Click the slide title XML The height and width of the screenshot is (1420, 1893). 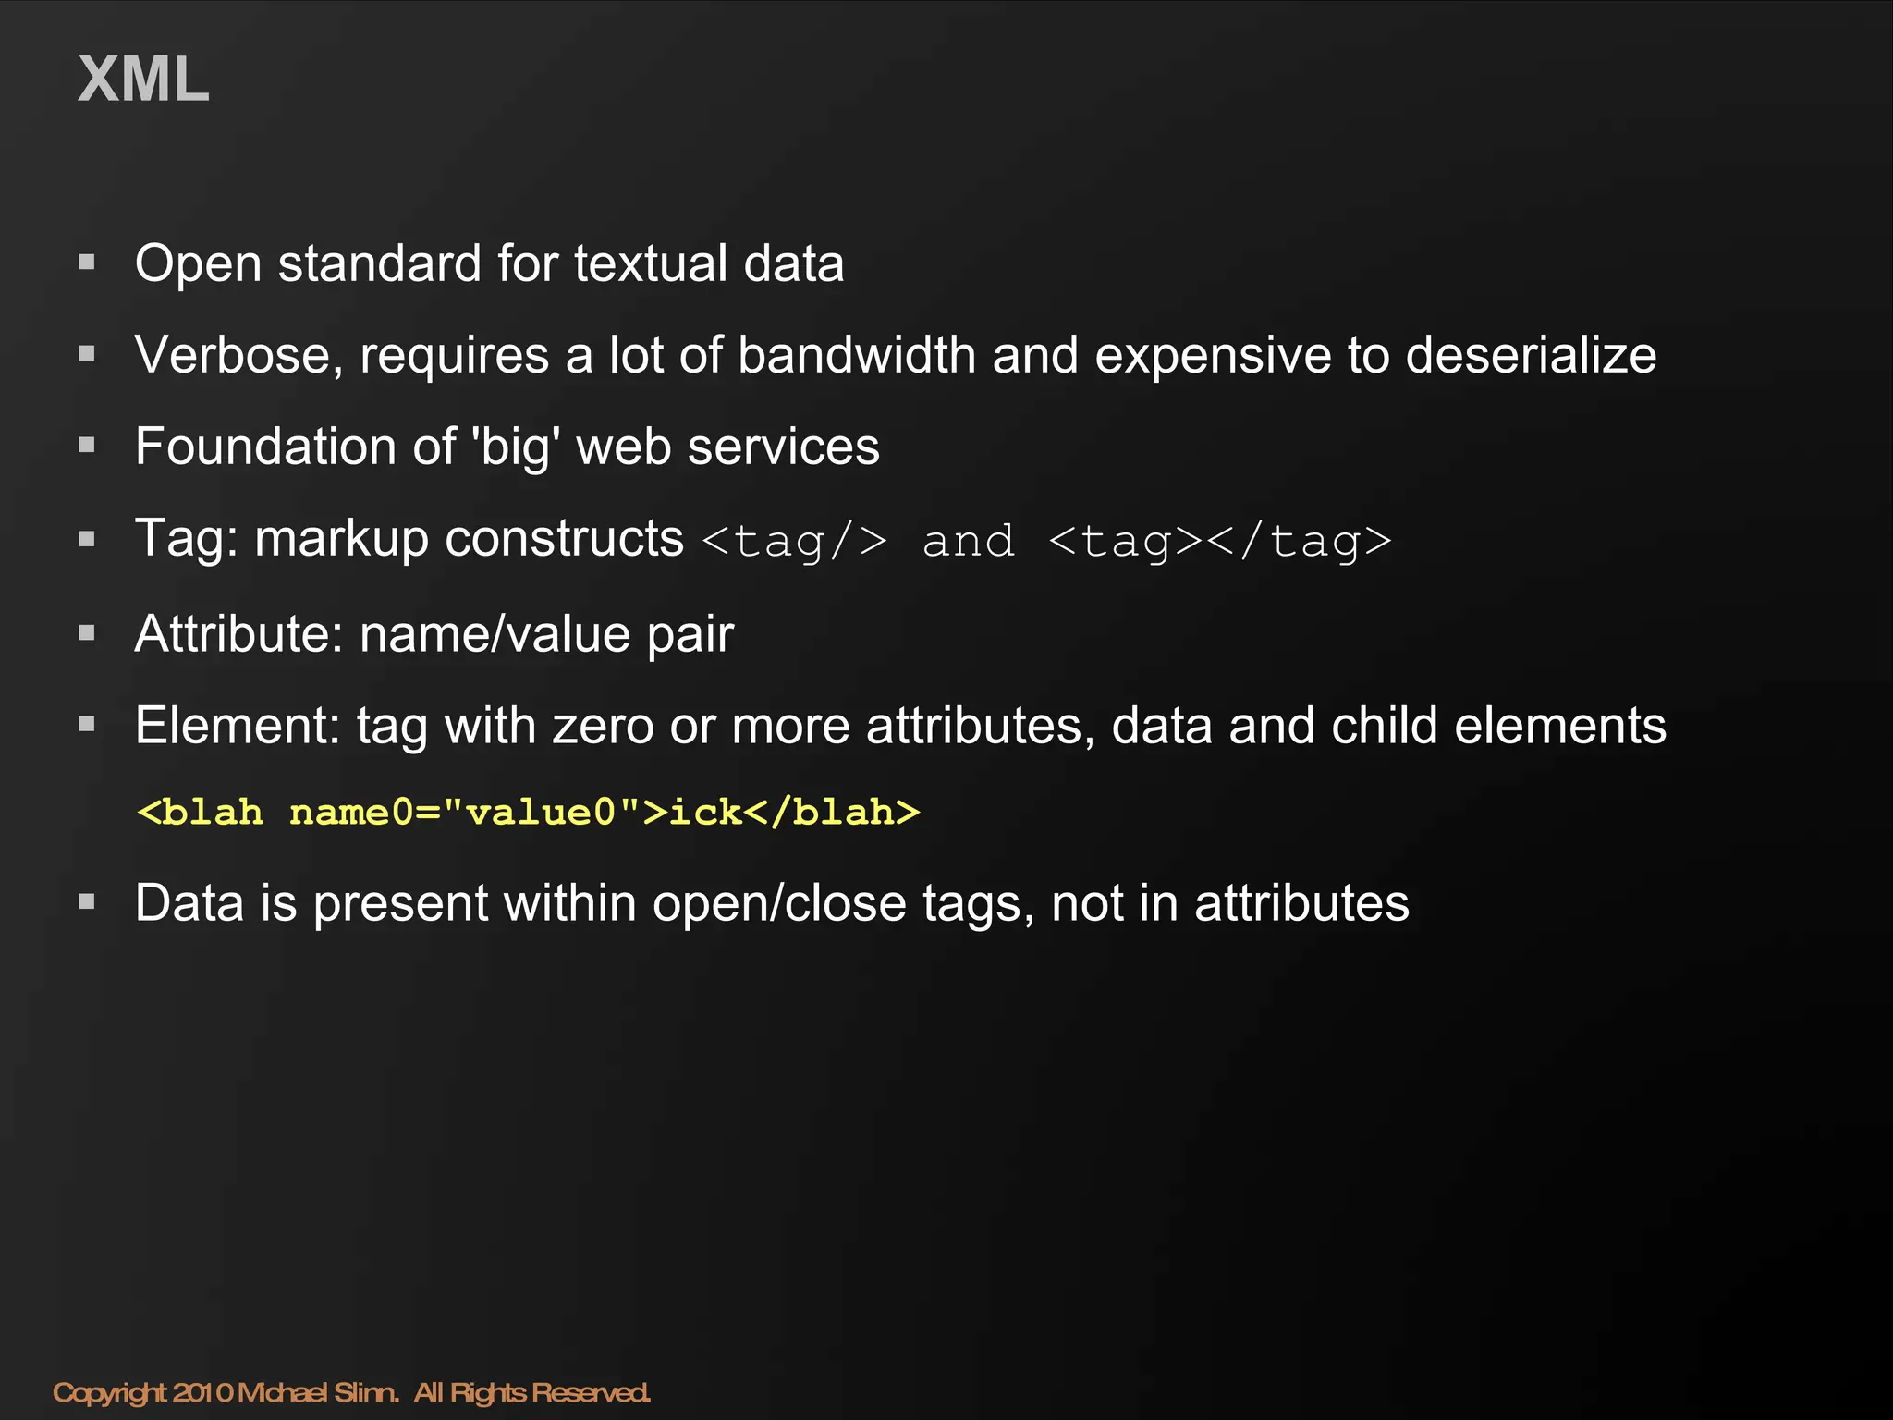[x=143, y=80]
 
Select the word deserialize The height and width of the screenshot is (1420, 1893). [x=1531, y=355]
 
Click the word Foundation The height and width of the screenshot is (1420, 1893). [x=265, y=447]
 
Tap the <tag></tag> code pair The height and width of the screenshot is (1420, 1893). [x=1220, y=542]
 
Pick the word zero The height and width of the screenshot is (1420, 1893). [x=603, y=726]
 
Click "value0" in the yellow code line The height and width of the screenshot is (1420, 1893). [x=540, y=813]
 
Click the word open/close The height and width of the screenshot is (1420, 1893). [x=779, y=903]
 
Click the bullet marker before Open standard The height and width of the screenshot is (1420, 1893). [x=88, y=263]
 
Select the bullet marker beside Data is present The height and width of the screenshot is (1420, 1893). [x=88, y=901]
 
